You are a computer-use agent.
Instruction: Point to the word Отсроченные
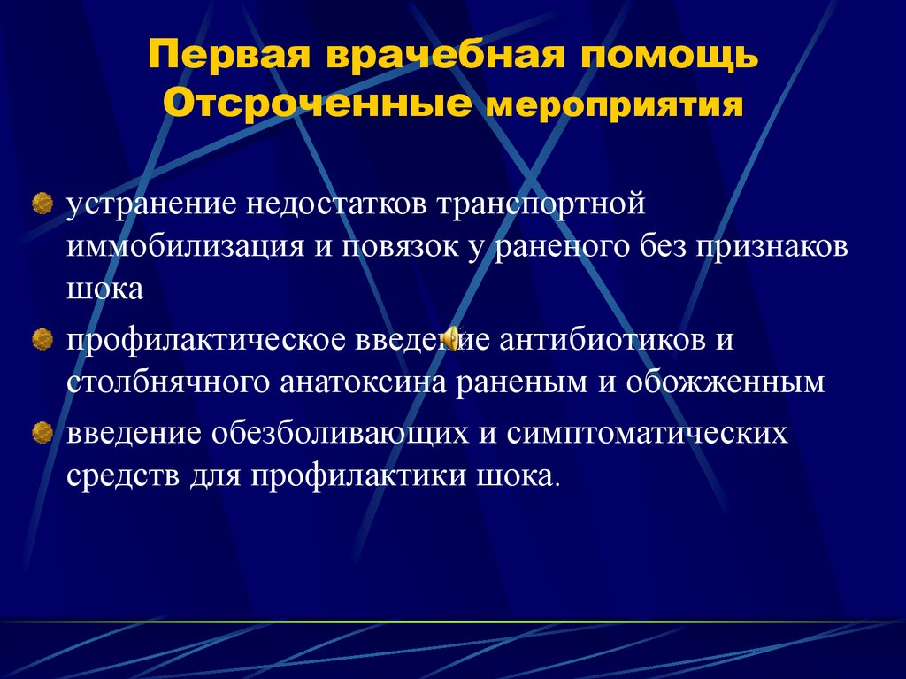pos(316,104)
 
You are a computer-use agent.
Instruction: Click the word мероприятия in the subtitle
pos(610,107)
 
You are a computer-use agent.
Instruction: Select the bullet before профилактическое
pos(41,340)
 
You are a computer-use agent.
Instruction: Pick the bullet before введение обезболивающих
pos(41,434)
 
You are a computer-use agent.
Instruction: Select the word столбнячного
pos(166,382)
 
